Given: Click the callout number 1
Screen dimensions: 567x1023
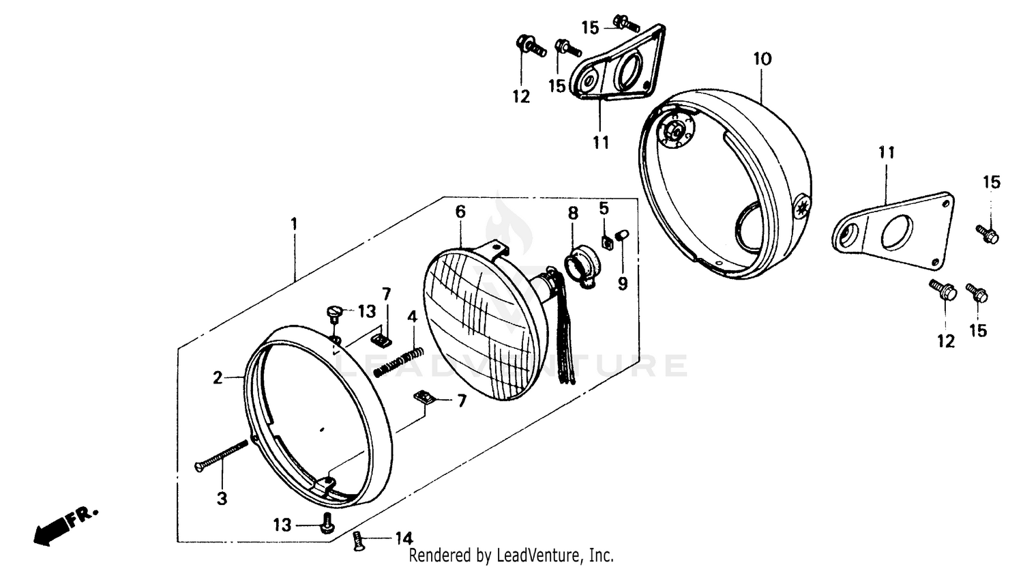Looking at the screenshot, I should point(294,224).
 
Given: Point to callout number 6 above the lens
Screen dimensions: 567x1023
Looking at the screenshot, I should point(460,212).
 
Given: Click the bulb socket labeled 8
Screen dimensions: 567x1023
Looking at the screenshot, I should point(582,263).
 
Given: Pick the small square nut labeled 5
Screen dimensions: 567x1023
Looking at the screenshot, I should point(605,240).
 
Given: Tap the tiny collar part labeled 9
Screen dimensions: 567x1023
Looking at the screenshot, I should point(621,235).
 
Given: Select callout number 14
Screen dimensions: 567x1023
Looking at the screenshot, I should point(403,539).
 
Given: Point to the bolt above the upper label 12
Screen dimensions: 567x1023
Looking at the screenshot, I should point(529,46).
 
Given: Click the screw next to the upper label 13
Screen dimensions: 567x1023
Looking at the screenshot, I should point(334,313).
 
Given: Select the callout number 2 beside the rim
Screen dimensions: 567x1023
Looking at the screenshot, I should point(218,377).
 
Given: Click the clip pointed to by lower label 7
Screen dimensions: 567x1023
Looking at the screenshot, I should point(424,396).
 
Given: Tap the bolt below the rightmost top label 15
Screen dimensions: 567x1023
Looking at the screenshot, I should point(988,233).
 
